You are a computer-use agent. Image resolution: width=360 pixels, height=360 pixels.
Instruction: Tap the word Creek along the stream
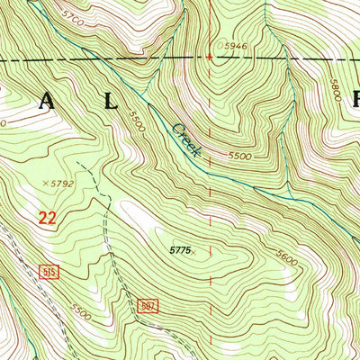coord(184,139)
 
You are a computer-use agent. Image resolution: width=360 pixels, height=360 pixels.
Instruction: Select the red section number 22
coord(49,217)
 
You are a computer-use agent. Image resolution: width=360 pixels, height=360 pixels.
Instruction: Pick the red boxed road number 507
coord(149,306)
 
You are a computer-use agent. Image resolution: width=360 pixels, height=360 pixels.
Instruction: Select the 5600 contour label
coord(287,256)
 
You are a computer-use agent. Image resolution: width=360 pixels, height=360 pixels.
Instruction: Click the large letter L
coord(111,102)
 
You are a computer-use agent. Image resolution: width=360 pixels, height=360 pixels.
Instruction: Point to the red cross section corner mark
coord(210,57)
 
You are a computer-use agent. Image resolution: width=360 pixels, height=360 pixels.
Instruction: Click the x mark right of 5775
coord(193,252)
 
